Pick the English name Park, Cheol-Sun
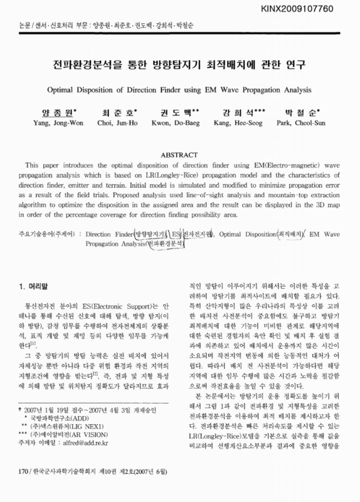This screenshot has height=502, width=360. (x=304, y=124)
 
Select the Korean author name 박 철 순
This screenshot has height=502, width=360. (x=304, y=114)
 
